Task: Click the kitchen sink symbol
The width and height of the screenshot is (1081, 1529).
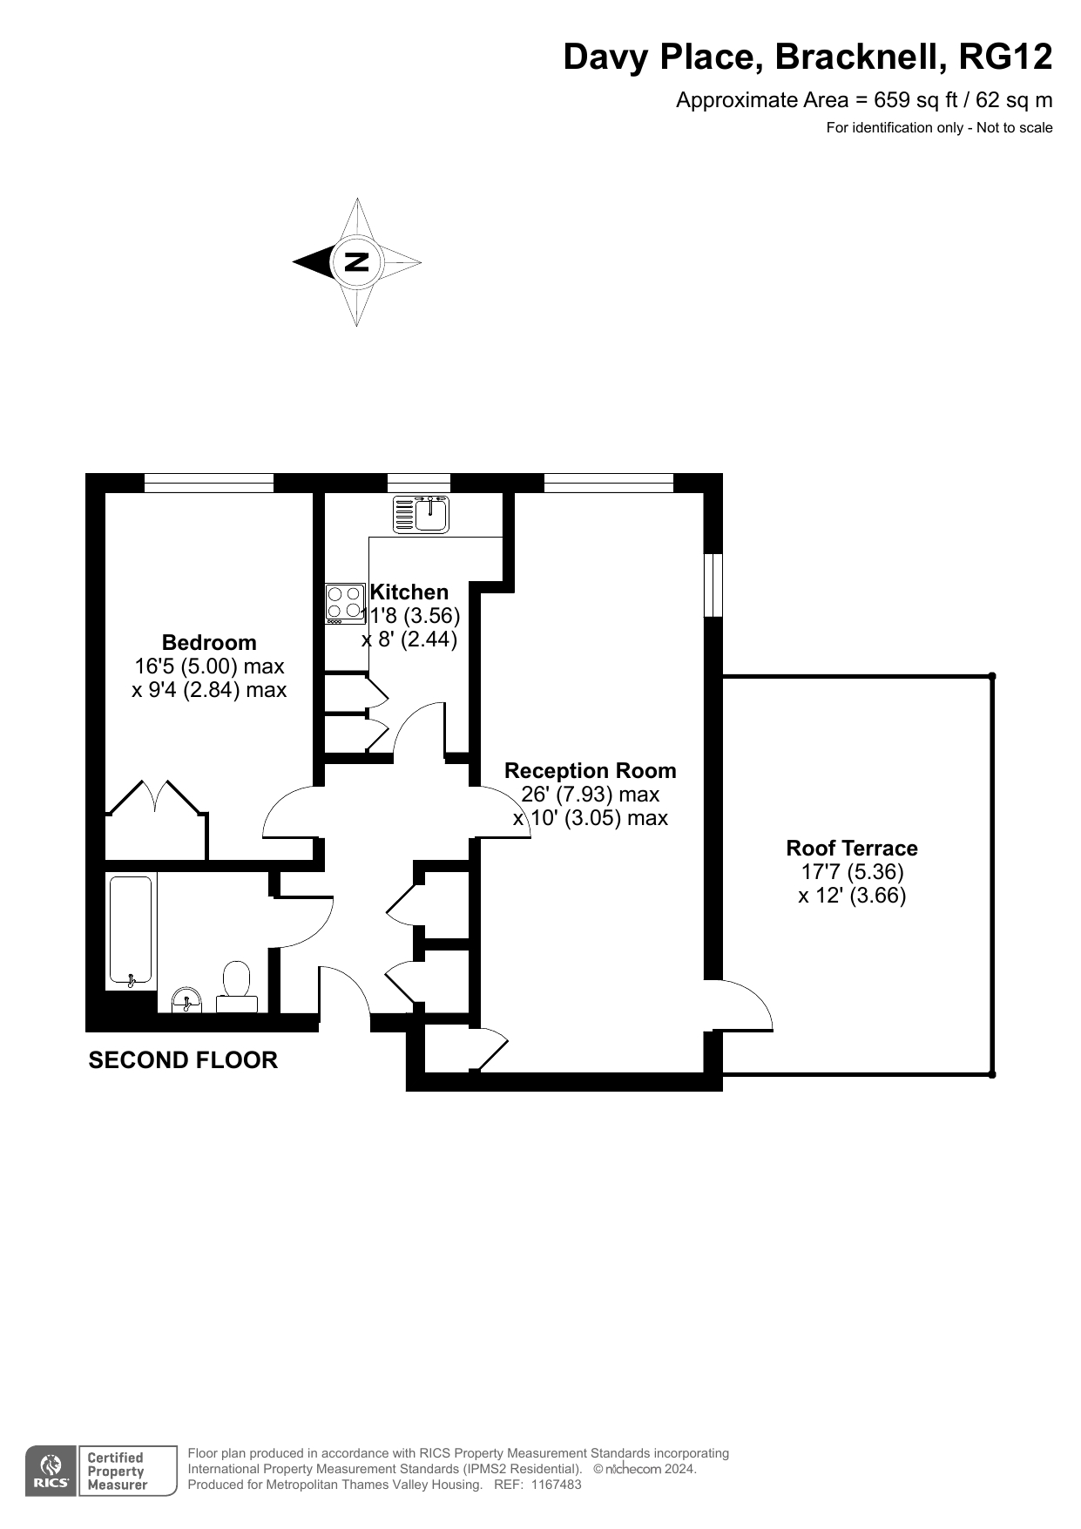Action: (x=421, y=514)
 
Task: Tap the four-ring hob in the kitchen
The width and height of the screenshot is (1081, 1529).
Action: (x=345, y=603)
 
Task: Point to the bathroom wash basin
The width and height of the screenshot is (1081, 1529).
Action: (x=186, y=1000)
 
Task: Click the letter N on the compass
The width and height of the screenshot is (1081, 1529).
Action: (x=356, y=261)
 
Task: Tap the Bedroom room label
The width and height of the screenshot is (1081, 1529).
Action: (x=209, y=643)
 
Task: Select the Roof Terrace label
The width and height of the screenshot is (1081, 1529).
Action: (x=852, y=849)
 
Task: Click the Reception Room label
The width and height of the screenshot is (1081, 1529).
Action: (x=591, y=771)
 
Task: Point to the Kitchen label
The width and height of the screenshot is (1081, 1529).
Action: (x=409, y=592)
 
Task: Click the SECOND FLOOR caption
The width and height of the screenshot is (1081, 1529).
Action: (x=183, y=1060)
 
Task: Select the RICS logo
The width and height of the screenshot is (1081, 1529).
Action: (x=50, y=1471)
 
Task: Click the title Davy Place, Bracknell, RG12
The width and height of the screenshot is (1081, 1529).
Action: (x=807, y=58)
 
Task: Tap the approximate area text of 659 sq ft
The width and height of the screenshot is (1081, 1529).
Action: (x=864, y=100)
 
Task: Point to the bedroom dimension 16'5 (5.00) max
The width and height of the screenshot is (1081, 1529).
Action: (x=209, y=666)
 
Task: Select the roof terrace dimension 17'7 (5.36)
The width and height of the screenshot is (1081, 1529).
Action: (x=852, y=872)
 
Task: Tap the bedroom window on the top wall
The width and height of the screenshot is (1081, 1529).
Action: (x=209, y=483)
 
